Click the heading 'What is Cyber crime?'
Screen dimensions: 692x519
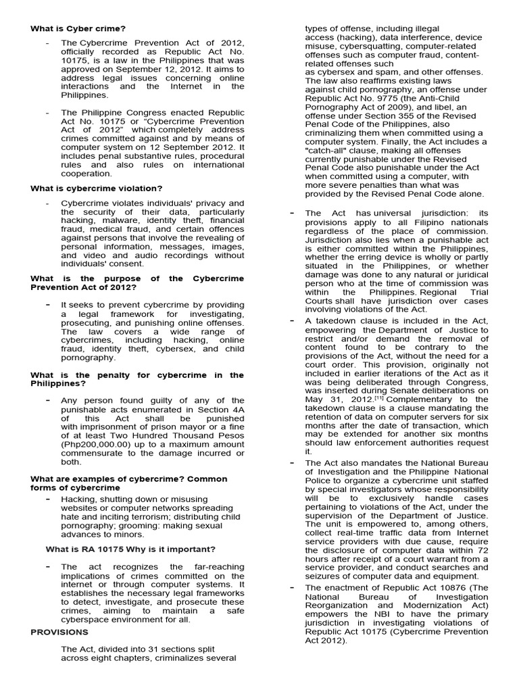coord(78,28)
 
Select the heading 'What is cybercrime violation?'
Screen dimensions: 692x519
coord(96,188)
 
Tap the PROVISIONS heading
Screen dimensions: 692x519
coord(59,632)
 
